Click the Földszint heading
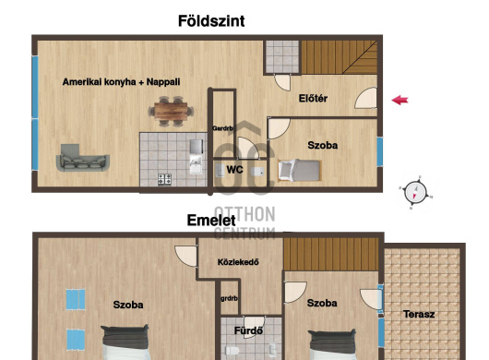coord(211,21)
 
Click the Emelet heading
coord(210,221)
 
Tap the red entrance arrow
coord(400,100)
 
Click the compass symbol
coord(415,192)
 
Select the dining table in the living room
coord(171,112)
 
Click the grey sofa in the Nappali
coord(83,158)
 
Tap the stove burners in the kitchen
coord(164,179)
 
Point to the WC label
coord(235,170)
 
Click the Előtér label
coord(313,98)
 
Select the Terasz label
coord(419,314)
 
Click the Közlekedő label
coord(238,262)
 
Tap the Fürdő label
coord(248,330)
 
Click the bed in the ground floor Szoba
coord(299,171)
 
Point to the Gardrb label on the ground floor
coord(222,128)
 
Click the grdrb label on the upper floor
coord(229,298)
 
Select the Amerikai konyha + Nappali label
coord(121,82)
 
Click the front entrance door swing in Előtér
coord(366,98)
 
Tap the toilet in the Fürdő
coord(233,351)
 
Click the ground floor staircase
coord(339,57)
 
